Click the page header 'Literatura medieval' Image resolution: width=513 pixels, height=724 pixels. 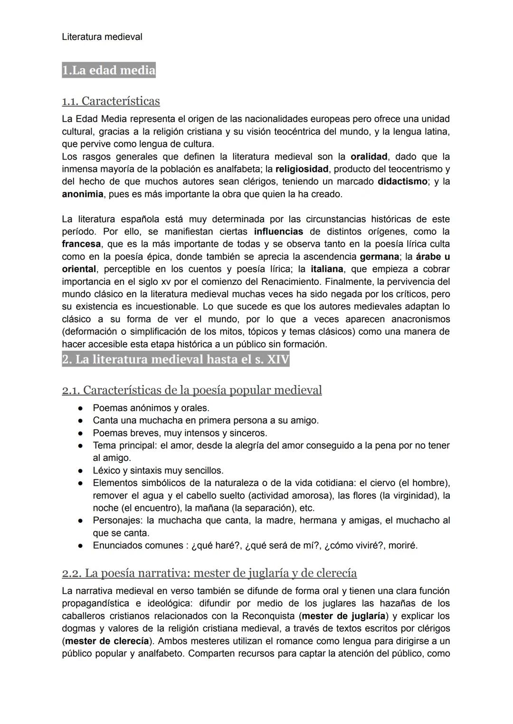click(102, 37)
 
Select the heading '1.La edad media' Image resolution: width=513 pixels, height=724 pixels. click(109, 70)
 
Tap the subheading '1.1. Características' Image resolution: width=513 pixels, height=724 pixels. click(111, 101)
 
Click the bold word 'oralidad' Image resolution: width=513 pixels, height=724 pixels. click(369, 157)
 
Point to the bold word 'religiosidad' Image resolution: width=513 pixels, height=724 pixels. click(302, 169)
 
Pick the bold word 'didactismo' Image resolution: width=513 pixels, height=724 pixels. click(402, 181)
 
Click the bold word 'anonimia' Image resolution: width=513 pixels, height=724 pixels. click(83, 194)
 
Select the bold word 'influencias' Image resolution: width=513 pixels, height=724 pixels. click(278, 232)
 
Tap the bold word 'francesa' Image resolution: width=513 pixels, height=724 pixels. click(81, 244)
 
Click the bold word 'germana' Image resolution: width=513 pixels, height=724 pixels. click(380, 257)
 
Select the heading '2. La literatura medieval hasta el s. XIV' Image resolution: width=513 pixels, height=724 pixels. click(175, 359)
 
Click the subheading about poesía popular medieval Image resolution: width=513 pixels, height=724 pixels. click(192, 390)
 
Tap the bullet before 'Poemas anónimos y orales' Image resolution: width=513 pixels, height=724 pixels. click(81, 408)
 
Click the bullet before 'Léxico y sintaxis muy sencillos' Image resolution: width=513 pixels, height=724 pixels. click(81, 471)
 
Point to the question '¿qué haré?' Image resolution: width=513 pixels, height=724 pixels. click(216, 545)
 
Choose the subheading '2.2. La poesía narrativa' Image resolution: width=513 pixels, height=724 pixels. click(209, 573)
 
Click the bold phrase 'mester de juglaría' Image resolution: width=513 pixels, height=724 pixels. click(343, 616)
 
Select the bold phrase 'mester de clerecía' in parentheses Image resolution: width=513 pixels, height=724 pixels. click(107, 641)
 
